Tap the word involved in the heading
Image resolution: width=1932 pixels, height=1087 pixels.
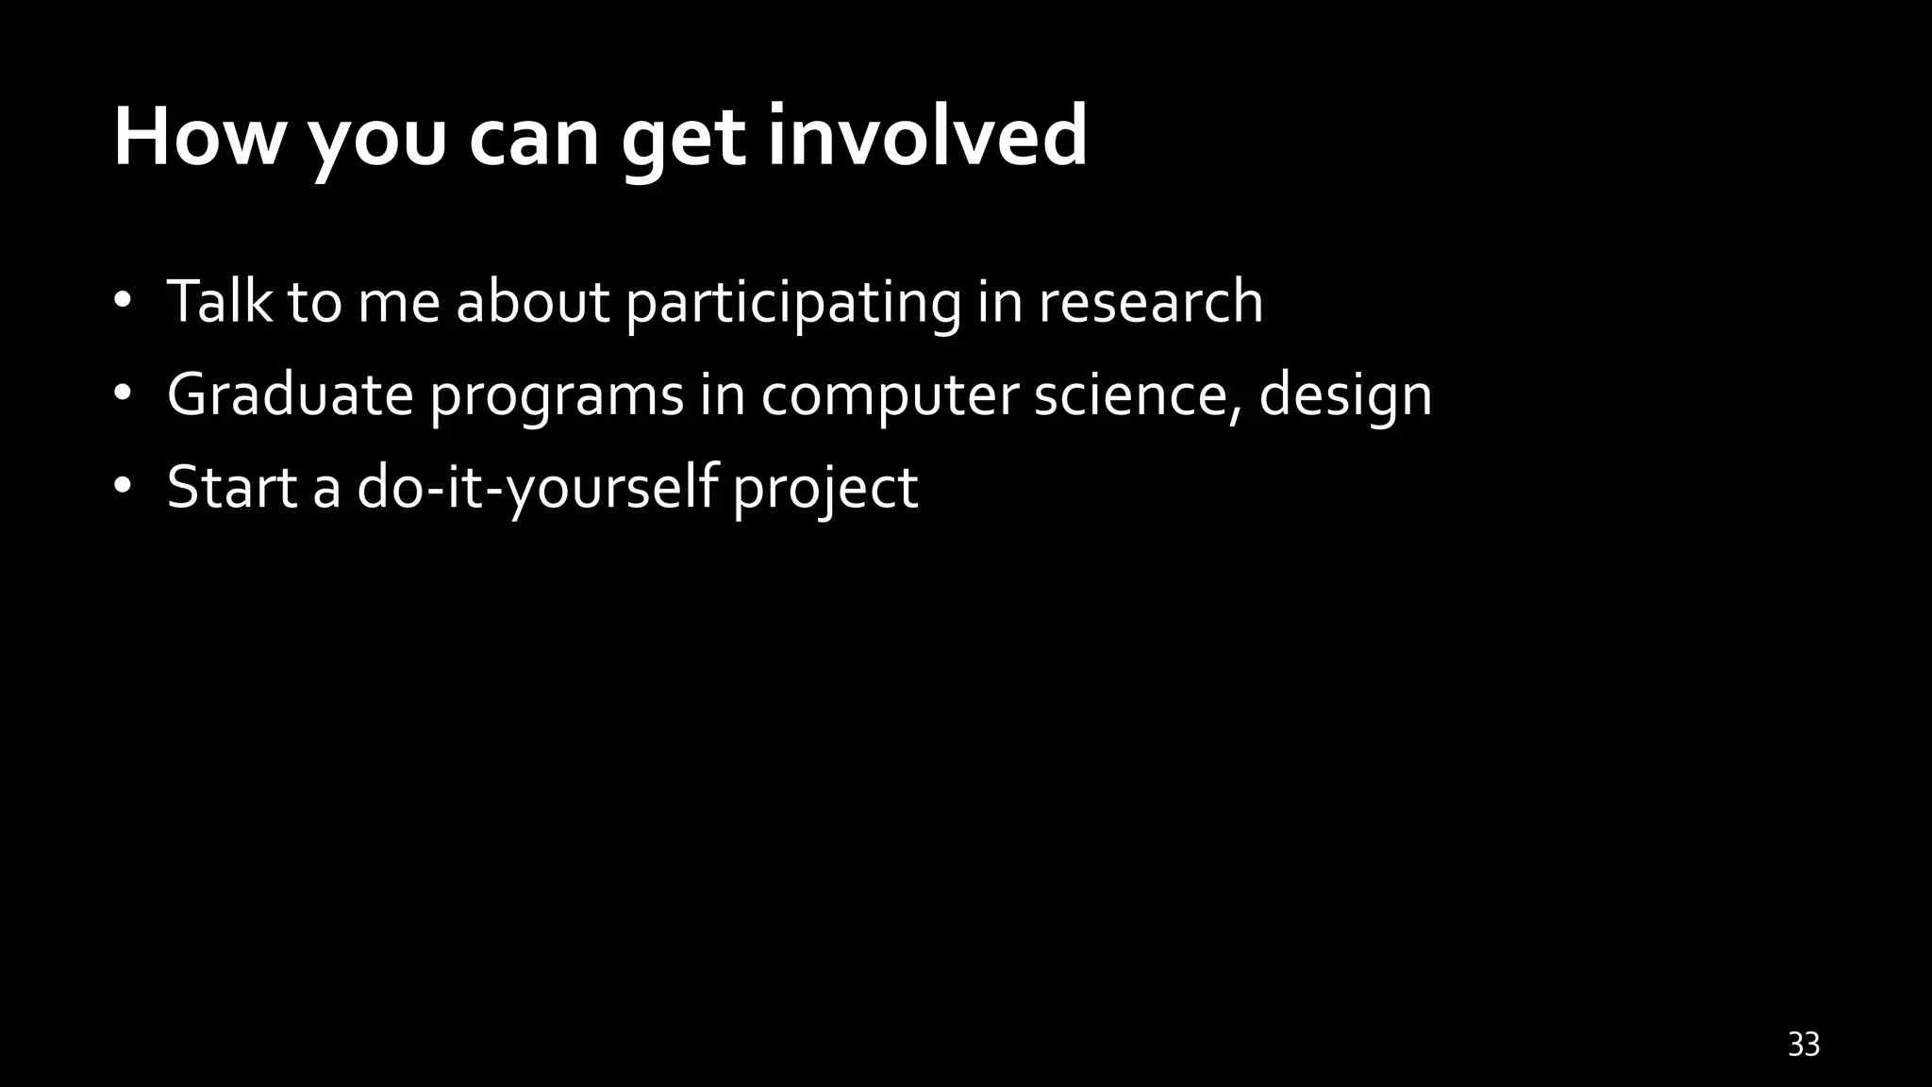[927, 138]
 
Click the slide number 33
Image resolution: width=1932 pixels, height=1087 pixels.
[1803, 1045]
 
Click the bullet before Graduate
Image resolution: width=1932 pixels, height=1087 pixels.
[122, 394]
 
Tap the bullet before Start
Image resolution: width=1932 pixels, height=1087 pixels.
[122, 487]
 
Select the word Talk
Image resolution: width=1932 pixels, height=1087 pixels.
[219, 302]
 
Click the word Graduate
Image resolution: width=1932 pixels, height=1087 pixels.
[290, 394]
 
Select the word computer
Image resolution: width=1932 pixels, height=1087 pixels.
[889, 396]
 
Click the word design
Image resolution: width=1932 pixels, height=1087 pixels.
[1345, 396]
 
